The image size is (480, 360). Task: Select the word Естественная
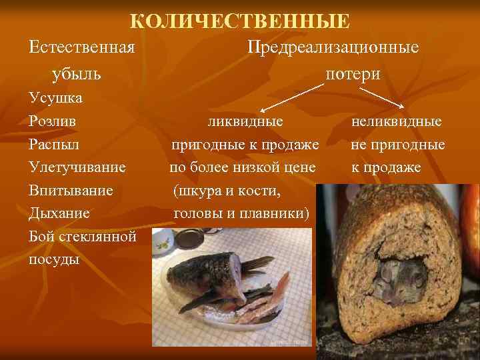[x=83, y=48]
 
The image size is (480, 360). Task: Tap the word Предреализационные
[x=333, y=48]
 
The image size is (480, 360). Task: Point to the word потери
[x=353, y=73]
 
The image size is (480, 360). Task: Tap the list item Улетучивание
[x=77, y=167]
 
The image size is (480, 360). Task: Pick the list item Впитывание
[x=71, y=191]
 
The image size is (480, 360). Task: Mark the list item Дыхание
[x=59, y=214]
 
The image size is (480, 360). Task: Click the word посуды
[x=54, y=259]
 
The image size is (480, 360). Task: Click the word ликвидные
[x=245, y=122]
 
